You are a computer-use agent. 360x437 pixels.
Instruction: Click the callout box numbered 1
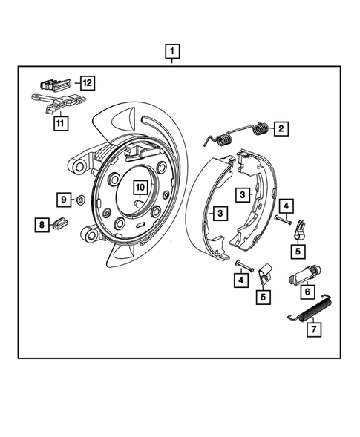click(172, 52)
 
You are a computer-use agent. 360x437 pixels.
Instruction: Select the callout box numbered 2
click(281, 128)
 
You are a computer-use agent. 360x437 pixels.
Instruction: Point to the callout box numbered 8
click(43, 224)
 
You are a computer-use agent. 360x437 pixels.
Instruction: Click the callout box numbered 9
click(63, 199)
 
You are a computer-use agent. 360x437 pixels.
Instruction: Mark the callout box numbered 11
click(59, 124)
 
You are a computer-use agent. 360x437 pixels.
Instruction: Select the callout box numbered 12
click(88, 83)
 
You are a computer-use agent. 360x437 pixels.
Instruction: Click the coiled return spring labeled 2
click(238, 134)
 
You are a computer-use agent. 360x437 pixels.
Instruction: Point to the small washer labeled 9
click(80, 200)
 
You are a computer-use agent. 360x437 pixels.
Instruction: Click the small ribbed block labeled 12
click(56, 82)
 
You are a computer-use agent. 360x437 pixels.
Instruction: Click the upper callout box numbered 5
click(298, 252)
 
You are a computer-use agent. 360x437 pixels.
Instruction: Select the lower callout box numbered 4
click(239, 280)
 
